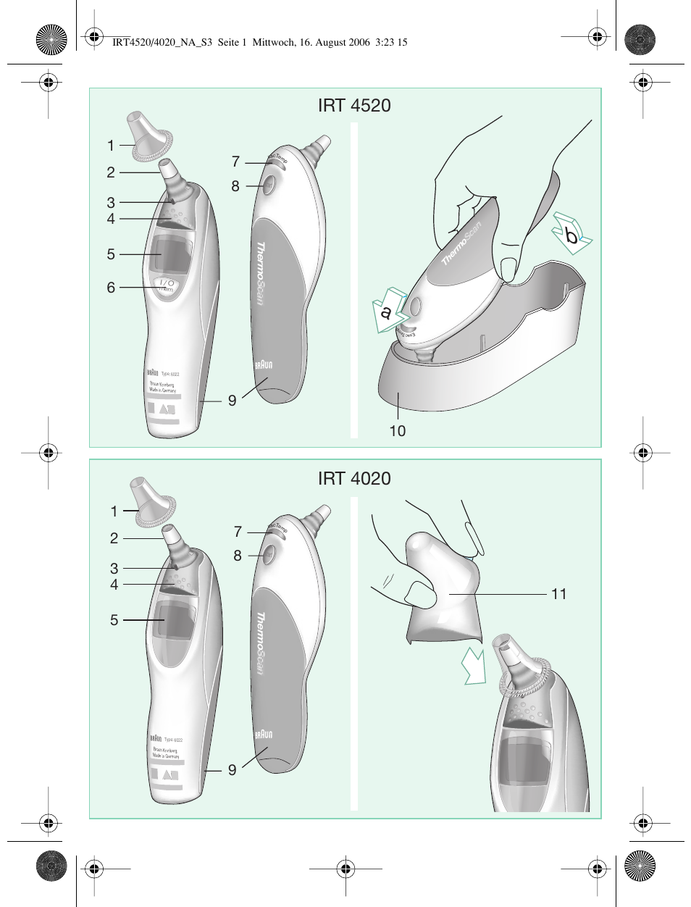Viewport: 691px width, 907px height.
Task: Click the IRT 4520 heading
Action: (354, 106)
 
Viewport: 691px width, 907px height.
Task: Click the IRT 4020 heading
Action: (354, 479)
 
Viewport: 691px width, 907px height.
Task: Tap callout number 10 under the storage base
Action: (398, 431)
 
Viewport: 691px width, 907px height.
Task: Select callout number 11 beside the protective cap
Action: (558, 594)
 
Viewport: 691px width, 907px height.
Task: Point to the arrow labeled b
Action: (571, 233)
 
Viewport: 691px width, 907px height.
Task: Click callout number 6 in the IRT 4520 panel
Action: (111, 288)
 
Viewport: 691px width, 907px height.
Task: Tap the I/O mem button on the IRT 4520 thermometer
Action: (166, 285)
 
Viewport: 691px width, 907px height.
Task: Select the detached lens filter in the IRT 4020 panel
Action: (151, 501)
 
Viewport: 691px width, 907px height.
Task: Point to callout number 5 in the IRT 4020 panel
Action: (114, 620)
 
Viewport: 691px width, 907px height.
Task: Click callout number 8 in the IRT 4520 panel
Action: (235, 186)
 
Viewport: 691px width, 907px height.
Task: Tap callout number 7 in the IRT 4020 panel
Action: (238, 532)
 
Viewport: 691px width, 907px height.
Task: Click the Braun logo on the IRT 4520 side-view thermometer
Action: (264, 364)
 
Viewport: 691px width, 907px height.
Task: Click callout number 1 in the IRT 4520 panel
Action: (111, 146)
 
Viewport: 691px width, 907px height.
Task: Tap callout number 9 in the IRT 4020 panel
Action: (233, 770)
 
